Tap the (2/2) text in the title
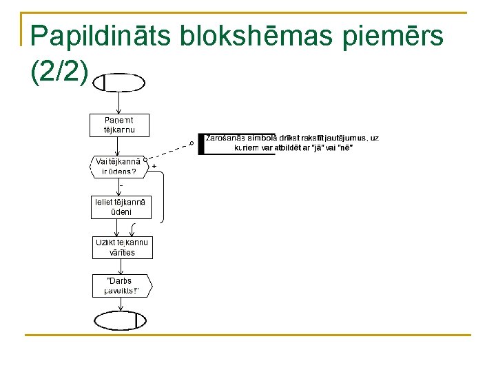coord(59,72)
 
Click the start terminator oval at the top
coord(119,83)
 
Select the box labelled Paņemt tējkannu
coord(118,124)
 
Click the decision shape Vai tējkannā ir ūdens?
coord(118,167)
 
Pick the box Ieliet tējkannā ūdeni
coord(122,207)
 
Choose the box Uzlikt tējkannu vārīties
coord(122,247)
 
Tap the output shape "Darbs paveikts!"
coord(122,286)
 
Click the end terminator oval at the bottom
coord(121,321)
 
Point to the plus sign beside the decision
coord(154,167)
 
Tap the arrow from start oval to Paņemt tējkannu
coord(119,103)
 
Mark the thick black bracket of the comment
coord(200,143)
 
